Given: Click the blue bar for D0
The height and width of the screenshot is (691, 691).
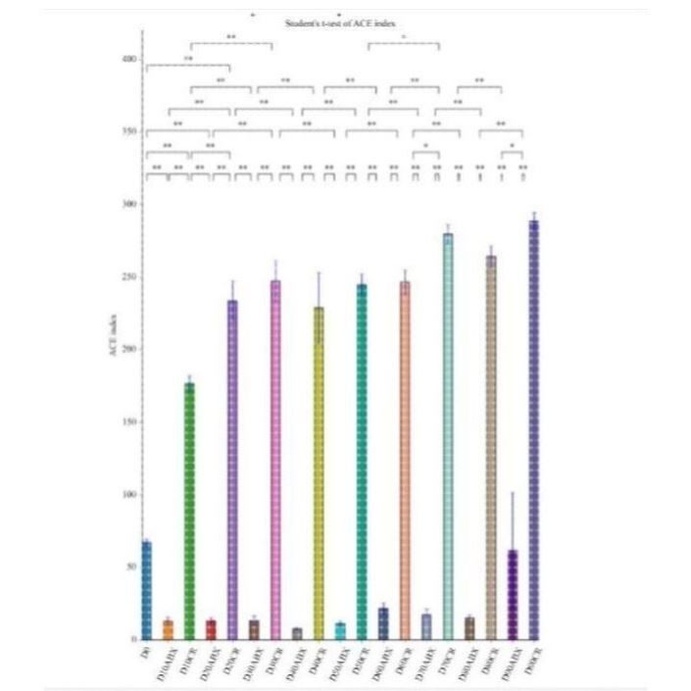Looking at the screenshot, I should point(146,590).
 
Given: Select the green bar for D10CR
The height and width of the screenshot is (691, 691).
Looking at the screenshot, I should point(189,510).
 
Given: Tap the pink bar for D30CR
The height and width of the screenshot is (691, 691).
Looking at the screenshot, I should point(275,461).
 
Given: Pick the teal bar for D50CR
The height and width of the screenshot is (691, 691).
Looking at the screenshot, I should point(362,461).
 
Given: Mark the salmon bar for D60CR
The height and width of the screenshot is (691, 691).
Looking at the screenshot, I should point(405,461).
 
